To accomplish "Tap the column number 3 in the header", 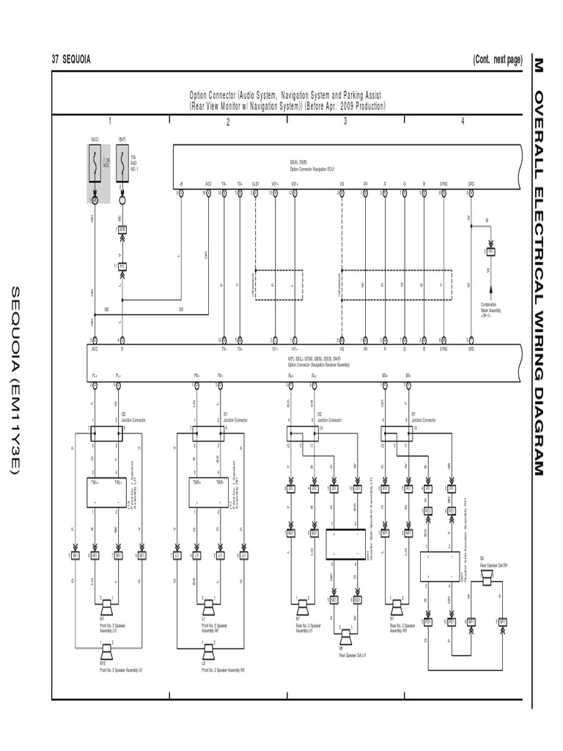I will [345, 122].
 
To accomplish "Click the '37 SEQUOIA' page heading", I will [72, 59].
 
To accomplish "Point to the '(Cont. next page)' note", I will [497, 59].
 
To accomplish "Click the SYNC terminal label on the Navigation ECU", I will [444, 184].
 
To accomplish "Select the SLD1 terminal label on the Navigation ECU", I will [255, 184].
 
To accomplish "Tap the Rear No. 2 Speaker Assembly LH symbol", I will [302, 607].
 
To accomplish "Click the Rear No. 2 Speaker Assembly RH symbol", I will [397, 607].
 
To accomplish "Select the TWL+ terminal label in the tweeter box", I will [94, 483].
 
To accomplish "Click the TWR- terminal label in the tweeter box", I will [218, 483].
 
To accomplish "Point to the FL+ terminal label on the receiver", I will [94, 375].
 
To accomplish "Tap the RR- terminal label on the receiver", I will [408, 375].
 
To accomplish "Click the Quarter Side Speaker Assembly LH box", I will [345, 544].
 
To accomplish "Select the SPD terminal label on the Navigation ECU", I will [471, 184].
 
